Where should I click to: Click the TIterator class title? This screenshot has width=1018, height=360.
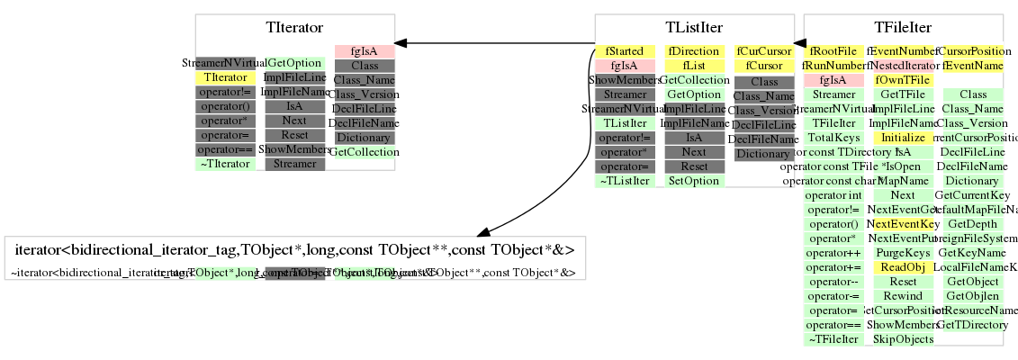click(x=295, y=28)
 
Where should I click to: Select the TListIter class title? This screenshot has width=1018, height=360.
click(x=694, y=28)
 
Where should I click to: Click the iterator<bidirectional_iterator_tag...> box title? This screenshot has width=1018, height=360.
click(x=295, y=249)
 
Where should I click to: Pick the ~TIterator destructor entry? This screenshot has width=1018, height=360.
click(x=226, y=164)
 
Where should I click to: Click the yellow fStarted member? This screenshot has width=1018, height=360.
click(x=625, y=51)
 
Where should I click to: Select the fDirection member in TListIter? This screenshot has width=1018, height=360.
click(x=694, y=51)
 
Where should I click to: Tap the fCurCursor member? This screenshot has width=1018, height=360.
click(x=763, y=51)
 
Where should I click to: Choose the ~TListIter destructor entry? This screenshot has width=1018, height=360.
click(x=625, y=181)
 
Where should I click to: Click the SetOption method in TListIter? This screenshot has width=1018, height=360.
click(x=694, y=181)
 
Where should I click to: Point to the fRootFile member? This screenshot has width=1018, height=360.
click(x=833, y=51)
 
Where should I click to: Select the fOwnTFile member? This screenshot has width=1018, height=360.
click(x=903, y=80)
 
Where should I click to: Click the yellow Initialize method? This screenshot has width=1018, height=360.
click(x=903, y=138)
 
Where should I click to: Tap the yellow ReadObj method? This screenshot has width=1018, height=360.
click(x=903, y=267)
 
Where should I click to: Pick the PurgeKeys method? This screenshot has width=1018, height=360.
click(x=903, y=253)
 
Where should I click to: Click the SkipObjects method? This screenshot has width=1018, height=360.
click(x=903, y=339)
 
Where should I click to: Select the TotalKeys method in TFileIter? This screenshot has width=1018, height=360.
click(x=833, y=138)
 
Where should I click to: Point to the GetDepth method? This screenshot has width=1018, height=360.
click(x=972, y=224)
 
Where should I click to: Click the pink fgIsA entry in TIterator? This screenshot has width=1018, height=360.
click(x=365, y=51)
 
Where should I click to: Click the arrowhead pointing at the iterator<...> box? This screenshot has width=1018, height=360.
click(x=478, y=230)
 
